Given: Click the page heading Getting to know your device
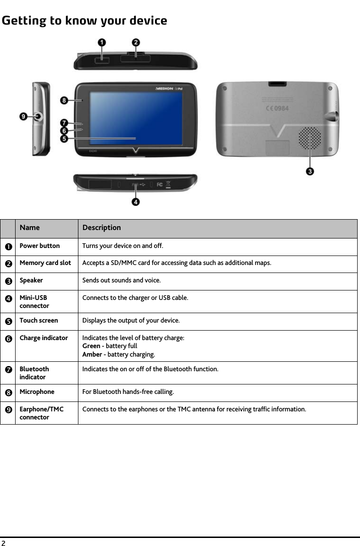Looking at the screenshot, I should [x=84, y=21].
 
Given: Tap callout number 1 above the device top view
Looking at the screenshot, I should [x=102, y=43].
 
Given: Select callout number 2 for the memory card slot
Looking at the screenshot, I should [x=136, y=43].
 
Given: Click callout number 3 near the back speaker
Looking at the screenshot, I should [x=310, y=171].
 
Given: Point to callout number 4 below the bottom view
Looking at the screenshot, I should [x=136, y=202].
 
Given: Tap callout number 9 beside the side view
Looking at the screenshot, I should [x=24, y=116].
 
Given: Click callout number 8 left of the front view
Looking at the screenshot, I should [x=64, y=100].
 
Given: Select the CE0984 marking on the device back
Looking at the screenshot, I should [x=276, y=108].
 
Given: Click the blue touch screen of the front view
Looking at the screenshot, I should [x=136, y=118].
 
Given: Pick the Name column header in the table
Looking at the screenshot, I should [x=30, y=228].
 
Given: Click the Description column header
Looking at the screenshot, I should [x=102, y=228].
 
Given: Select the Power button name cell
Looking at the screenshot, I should [x=40, y=246].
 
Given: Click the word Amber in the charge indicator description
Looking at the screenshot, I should [x=92, y=355].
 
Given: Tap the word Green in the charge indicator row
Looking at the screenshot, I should [x=91, y=346].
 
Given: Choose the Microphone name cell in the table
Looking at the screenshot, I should [x=37, y=392].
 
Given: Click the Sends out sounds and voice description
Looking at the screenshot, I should [x=121, y=281].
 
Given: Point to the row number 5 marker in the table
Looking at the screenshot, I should [x=8, y=321].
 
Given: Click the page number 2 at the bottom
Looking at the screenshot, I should [x=3, y=542].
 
